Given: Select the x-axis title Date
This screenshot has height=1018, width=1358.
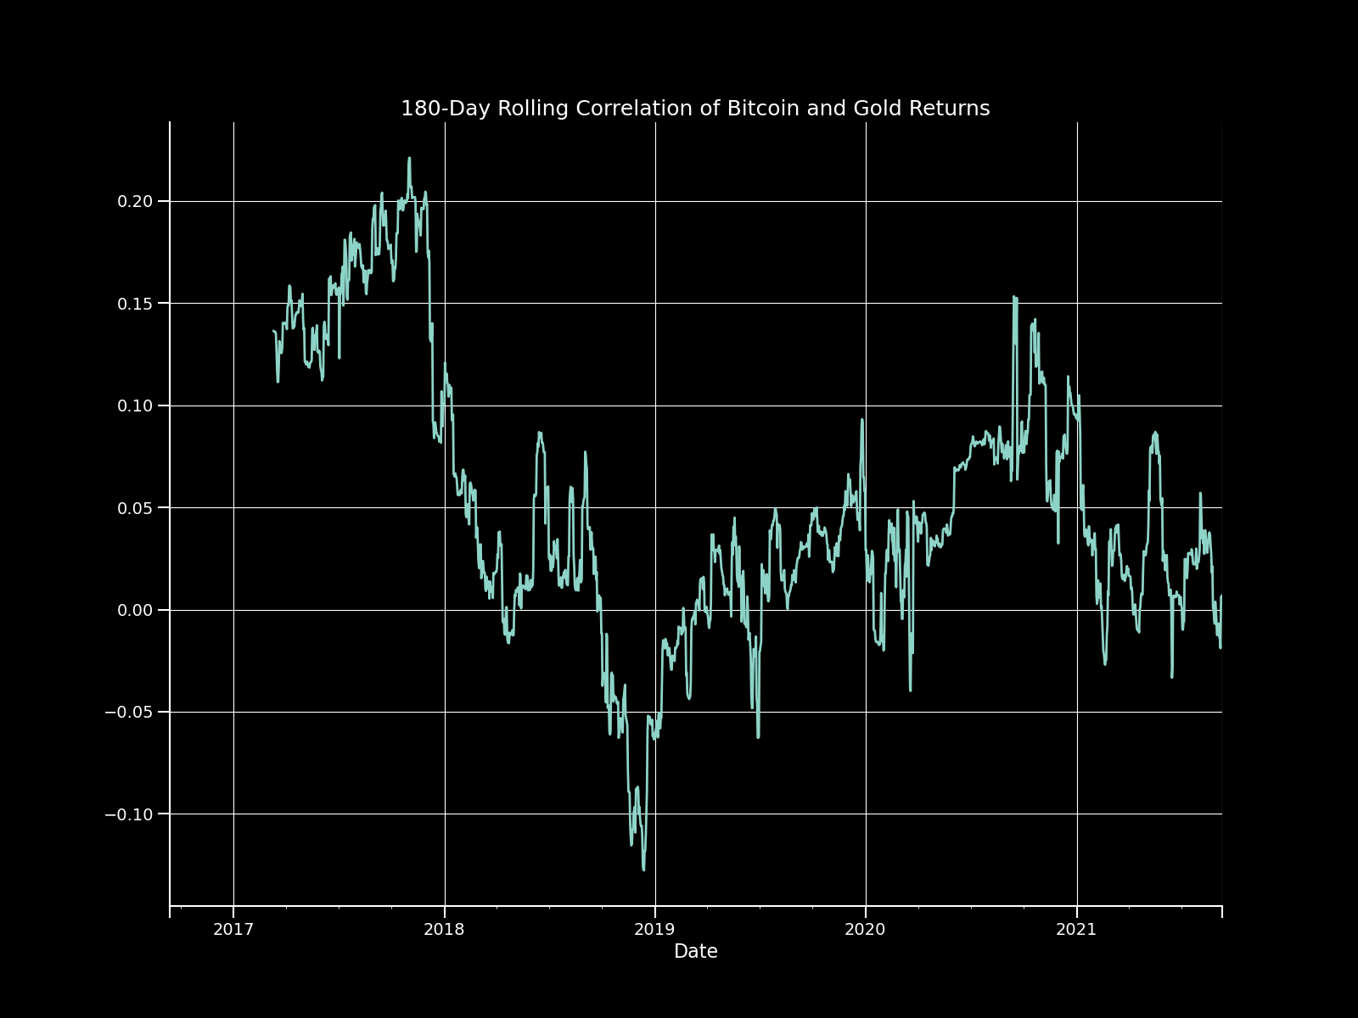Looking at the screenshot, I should coord(695,952).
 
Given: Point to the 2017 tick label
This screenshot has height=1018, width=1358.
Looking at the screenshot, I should coord(233,930).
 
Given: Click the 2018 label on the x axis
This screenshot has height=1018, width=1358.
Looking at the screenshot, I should coord(444,930).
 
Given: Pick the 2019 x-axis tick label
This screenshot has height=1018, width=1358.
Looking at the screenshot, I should coord(654,930).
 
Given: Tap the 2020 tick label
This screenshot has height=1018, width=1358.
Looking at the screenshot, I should coord(865,930).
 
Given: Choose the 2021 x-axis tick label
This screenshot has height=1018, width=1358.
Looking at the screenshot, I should coord(1076,930).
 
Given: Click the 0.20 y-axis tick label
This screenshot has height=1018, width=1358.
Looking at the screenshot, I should coord(136,201).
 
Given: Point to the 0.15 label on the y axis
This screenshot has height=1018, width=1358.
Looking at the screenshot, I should coord(136,304).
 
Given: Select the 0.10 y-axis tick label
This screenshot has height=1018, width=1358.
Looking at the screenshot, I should coord(136,406).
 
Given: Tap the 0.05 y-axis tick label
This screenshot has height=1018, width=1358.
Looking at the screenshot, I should coord(136,508).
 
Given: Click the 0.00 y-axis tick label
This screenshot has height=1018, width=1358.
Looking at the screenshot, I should coord(136,610).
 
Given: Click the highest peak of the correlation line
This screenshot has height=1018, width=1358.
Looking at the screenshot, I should coord(409,159).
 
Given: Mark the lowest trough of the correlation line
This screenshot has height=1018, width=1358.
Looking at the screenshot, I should coord(643,869).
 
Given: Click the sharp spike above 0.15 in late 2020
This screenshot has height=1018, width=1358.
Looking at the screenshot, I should coord(1014,298).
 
